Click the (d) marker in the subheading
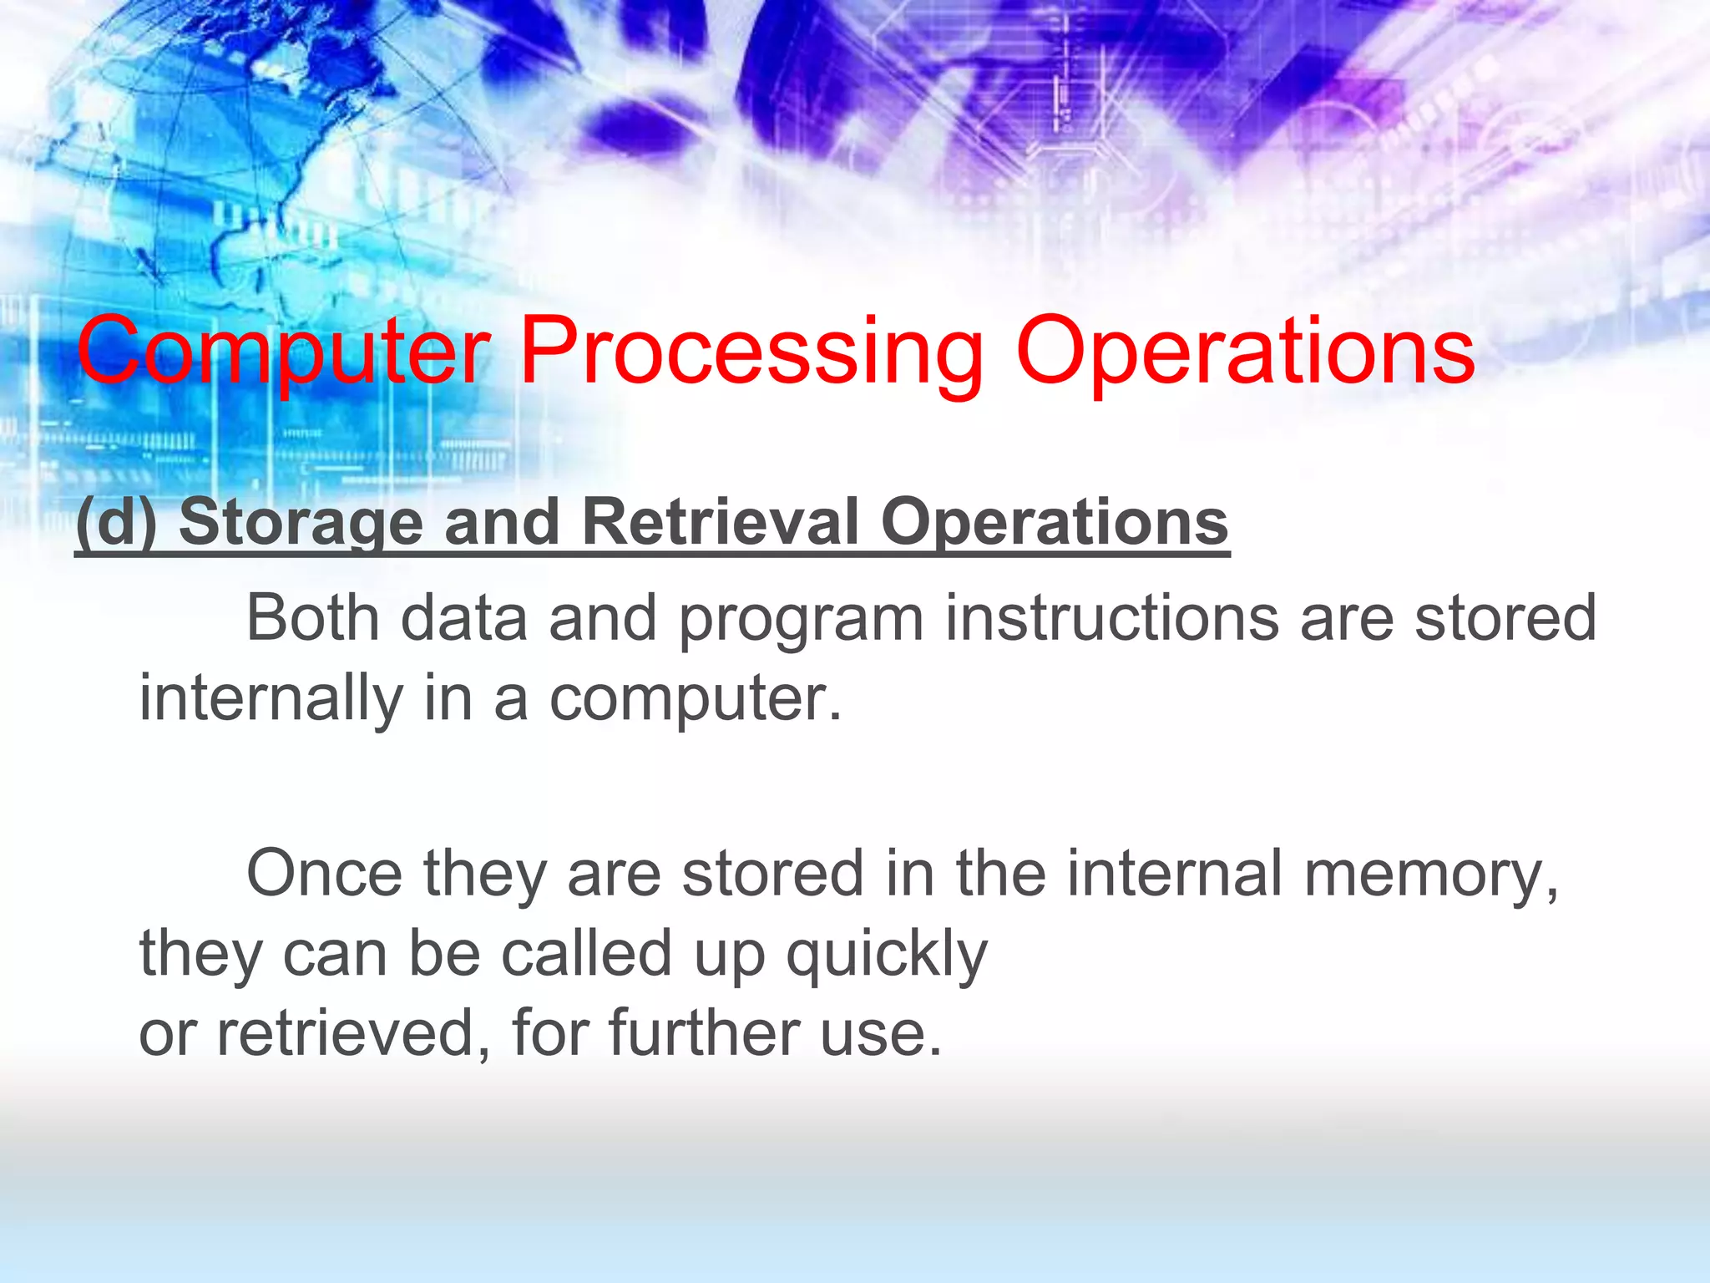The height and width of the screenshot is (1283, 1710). pos(116,522)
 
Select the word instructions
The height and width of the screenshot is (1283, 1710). pos(1111,618)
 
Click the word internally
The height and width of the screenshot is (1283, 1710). pos(271,700)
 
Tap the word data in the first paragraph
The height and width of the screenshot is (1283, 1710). pos(463,618)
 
